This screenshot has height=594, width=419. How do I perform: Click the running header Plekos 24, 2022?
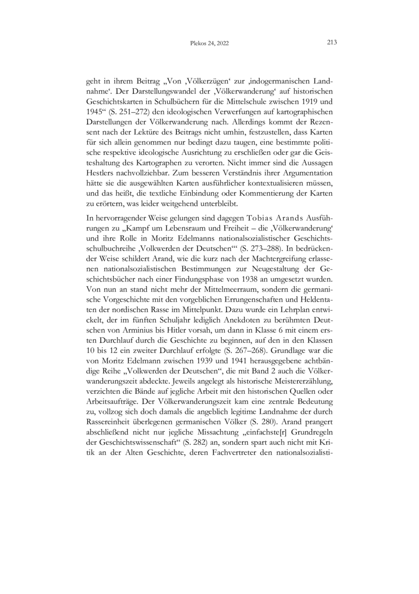pos(209,44)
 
